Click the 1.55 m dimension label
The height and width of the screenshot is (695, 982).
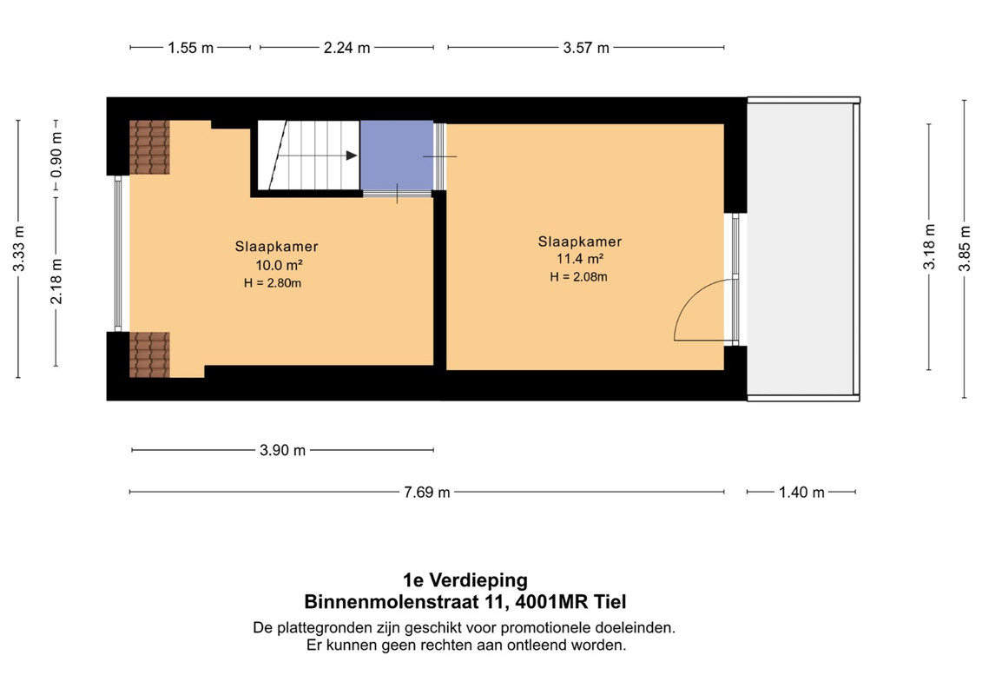(190, 48)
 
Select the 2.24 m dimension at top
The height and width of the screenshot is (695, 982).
(347, 48)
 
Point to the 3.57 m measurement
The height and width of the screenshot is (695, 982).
(586, 48)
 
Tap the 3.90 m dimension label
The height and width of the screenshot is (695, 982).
(282, 450)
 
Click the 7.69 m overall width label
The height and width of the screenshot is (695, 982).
(426, 492)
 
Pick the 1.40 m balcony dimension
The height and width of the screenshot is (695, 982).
(801, 492)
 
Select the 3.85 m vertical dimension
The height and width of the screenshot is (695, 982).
(966, 248)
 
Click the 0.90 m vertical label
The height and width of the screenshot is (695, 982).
(56, 154)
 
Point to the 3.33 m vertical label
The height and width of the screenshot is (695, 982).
(19, 248)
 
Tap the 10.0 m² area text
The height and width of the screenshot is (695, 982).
(280, 265)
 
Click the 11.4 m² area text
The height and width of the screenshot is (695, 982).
(580, 259)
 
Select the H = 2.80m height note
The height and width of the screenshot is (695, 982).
(273, 283)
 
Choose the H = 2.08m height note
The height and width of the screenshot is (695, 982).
(578, 277)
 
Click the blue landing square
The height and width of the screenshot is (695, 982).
(397, 155)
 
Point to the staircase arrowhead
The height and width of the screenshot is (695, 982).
(352, 156)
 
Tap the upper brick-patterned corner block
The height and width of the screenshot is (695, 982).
(149, 148)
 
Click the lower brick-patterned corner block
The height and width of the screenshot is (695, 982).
(149, 354)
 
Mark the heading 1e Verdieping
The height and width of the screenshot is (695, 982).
(465, 580)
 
